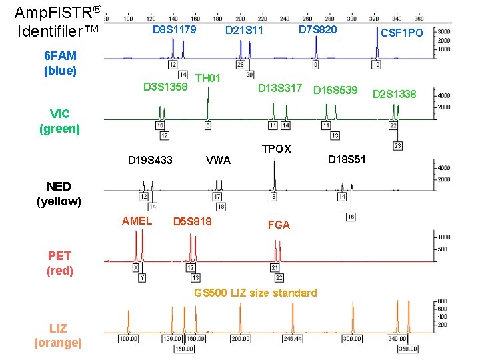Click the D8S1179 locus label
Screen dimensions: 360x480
(x=174, y=30)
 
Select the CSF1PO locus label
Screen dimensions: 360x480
(x=401, y=32)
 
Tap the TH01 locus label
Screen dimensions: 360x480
(x=208, y=78)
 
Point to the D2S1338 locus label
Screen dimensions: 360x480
(x=394, y=93)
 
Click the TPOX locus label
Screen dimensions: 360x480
(x=276, y=149)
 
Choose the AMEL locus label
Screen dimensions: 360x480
(x=137, y=221)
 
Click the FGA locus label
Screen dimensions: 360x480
(x=279, y=225)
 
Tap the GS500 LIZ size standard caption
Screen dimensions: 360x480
(x=255, y=293)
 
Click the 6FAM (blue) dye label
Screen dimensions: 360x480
(x=60, y=63)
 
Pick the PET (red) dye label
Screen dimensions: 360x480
(x=60, y=263)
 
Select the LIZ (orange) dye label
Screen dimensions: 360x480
(x=58, y=335)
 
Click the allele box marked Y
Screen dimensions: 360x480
(x=141, y=277)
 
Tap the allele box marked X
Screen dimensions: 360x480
(x=136, y=267)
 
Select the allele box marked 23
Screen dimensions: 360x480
(x=398, y=145)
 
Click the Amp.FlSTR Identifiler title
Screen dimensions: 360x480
(x=57, y=21)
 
